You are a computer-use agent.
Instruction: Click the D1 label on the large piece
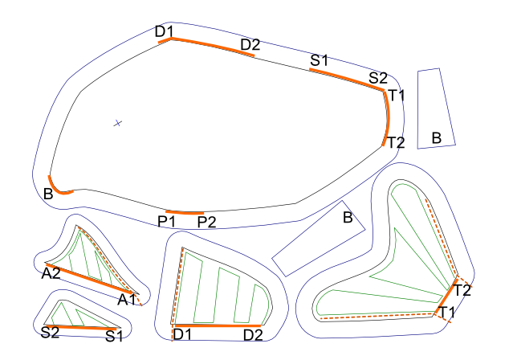165,31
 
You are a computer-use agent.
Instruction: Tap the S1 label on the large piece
320,59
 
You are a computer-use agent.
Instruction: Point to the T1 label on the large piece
396,96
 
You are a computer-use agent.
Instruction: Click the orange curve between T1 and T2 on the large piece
388,117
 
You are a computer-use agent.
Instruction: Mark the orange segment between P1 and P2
185,212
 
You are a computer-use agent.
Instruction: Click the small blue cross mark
117,123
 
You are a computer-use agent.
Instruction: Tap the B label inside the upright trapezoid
436,138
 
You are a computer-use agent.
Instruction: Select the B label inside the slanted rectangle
348,217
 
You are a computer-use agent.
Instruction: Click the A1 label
127,299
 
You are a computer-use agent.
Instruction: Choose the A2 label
51,273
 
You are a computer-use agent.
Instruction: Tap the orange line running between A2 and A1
88,278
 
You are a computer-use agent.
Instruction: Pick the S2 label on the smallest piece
50,332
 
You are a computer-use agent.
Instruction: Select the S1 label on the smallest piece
115,335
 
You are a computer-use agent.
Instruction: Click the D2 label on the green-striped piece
252,334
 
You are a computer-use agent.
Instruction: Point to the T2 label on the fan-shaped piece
462,289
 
